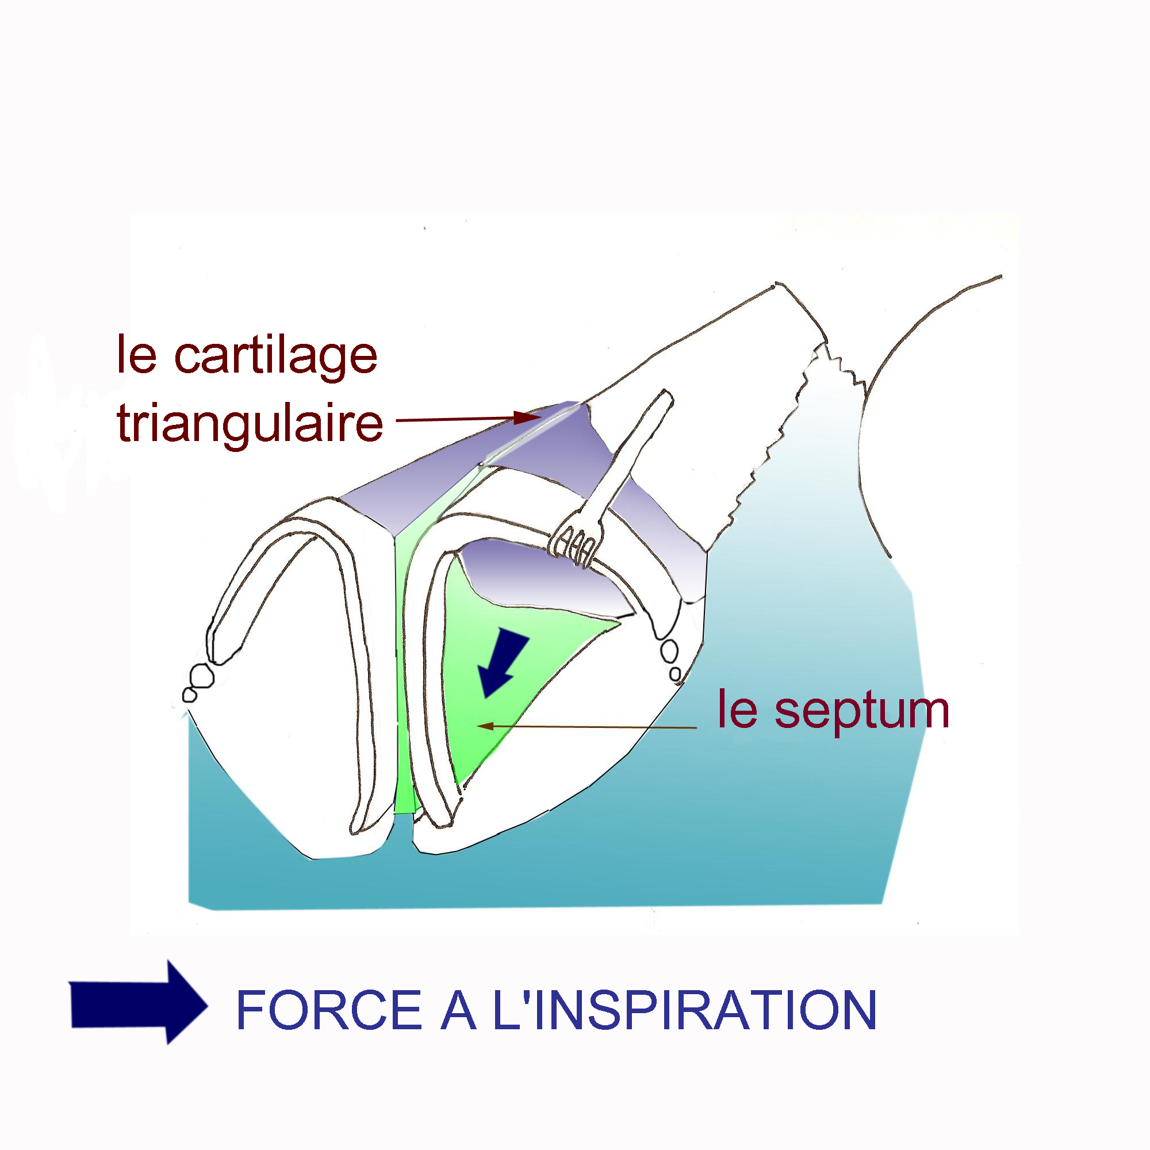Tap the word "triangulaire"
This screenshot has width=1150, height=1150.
250,423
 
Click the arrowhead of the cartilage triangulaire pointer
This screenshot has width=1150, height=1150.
527,418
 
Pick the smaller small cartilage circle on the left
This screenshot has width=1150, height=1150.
189,695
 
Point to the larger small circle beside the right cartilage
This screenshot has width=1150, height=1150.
669,650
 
